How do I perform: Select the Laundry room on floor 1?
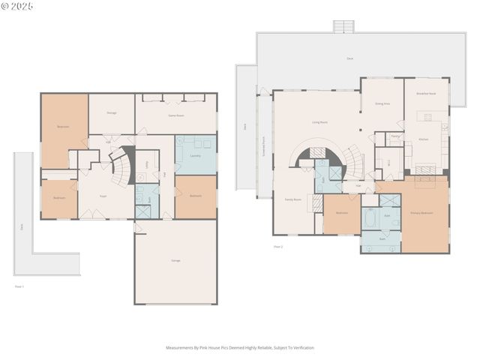point(195,155)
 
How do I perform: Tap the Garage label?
point(175,260)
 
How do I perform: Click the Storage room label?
point(111,112)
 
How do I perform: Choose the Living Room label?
point(319,121)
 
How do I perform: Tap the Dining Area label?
point(382,106)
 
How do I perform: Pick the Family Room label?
point(292,199)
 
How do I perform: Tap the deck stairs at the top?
point(343,26)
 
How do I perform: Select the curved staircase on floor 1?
point(120,168)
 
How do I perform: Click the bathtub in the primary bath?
point(370,219)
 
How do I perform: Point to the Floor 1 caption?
point(19,286)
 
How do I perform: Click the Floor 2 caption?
point(277,246)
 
